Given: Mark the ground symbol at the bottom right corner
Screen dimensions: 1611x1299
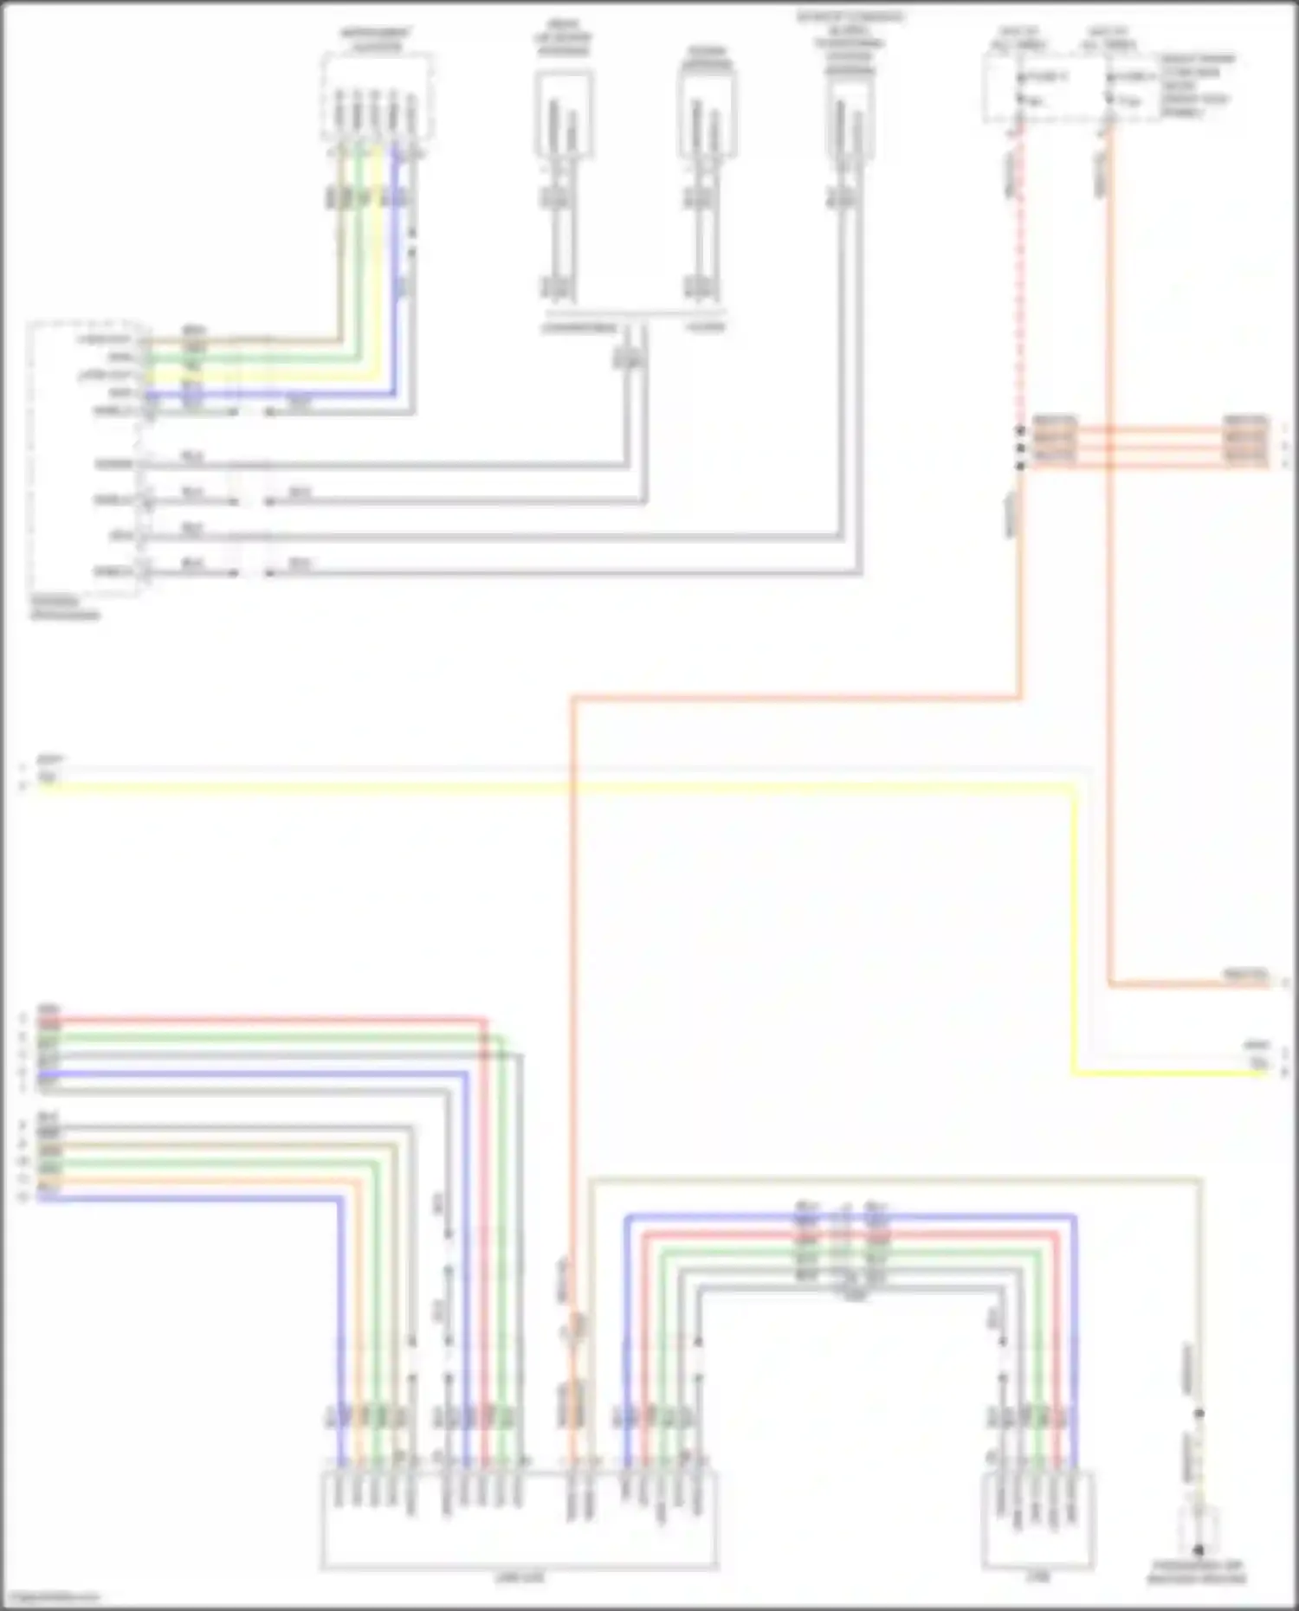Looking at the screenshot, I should pyautogui.click(x=1199, y=1550).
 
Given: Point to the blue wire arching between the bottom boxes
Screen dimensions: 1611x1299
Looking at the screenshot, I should pyautogui.click(x=849, y=1216).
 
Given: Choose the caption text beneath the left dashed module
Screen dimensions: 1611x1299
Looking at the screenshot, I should pyautogui.click(x=64, y=608).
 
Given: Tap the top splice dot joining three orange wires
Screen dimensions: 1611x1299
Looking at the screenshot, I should pyautogui.click(x=1020, y=430).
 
